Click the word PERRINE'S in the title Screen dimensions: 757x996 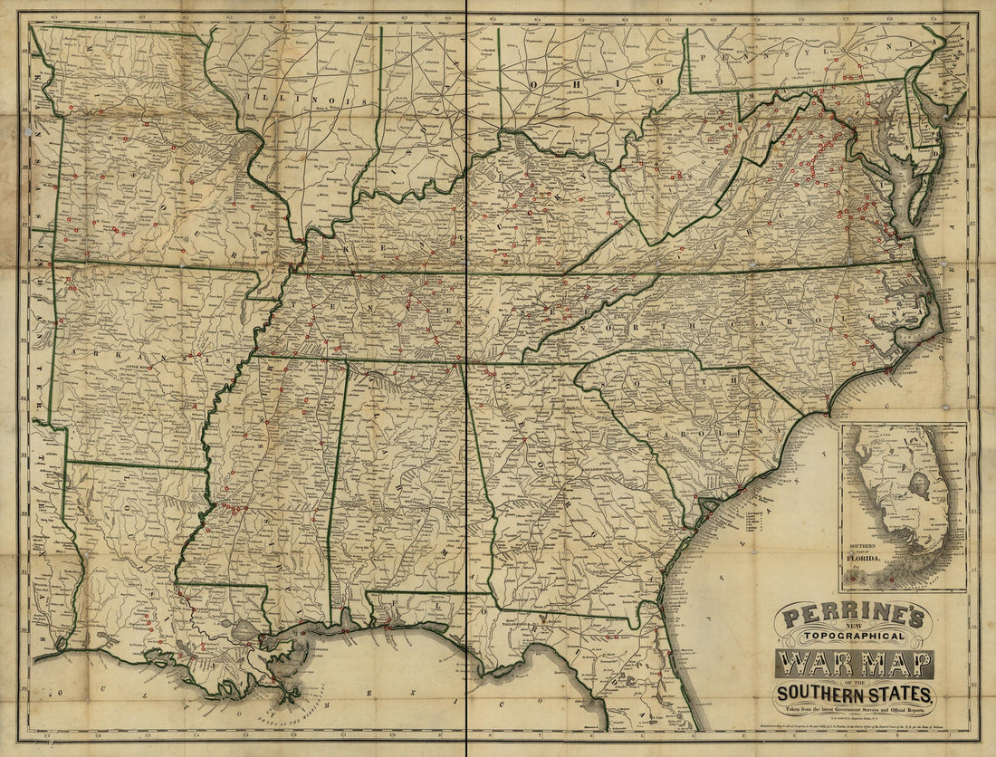click(853, 618)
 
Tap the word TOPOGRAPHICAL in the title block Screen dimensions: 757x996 click(853, 639)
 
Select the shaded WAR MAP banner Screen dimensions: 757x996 click(853, 666)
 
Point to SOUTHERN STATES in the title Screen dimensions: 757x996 click(853, 695)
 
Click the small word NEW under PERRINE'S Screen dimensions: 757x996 click(853, 629)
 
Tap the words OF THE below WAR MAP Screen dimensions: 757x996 click(853, 682)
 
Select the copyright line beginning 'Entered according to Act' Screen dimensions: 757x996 click(853, 724)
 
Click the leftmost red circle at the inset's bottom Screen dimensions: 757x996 click(866, 579)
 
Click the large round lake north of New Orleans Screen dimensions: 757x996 click(243, 629)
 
